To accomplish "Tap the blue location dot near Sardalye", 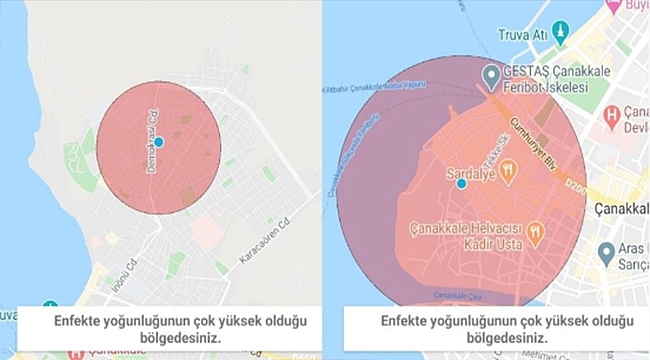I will click(461, 183).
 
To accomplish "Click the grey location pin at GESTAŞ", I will click(491, 76).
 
